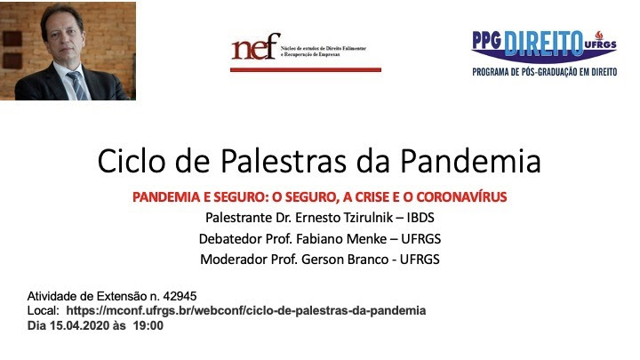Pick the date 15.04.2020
[x=77, y=325]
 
